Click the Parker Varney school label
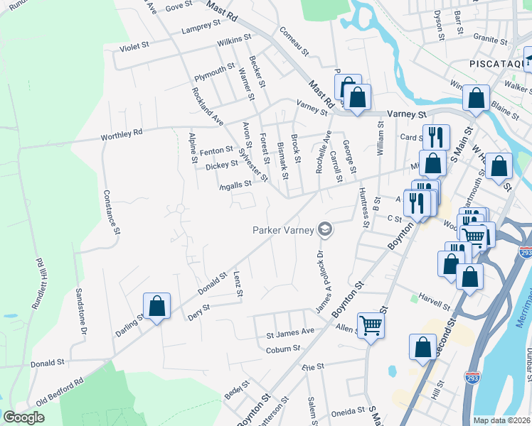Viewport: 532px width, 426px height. point(284,229)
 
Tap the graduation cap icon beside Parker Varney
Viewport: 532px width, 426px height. point(325,229)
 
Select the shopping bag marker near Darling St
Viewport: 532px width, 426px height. point(157,307)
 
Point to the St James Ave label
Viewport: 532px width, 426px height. point(290,332)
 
